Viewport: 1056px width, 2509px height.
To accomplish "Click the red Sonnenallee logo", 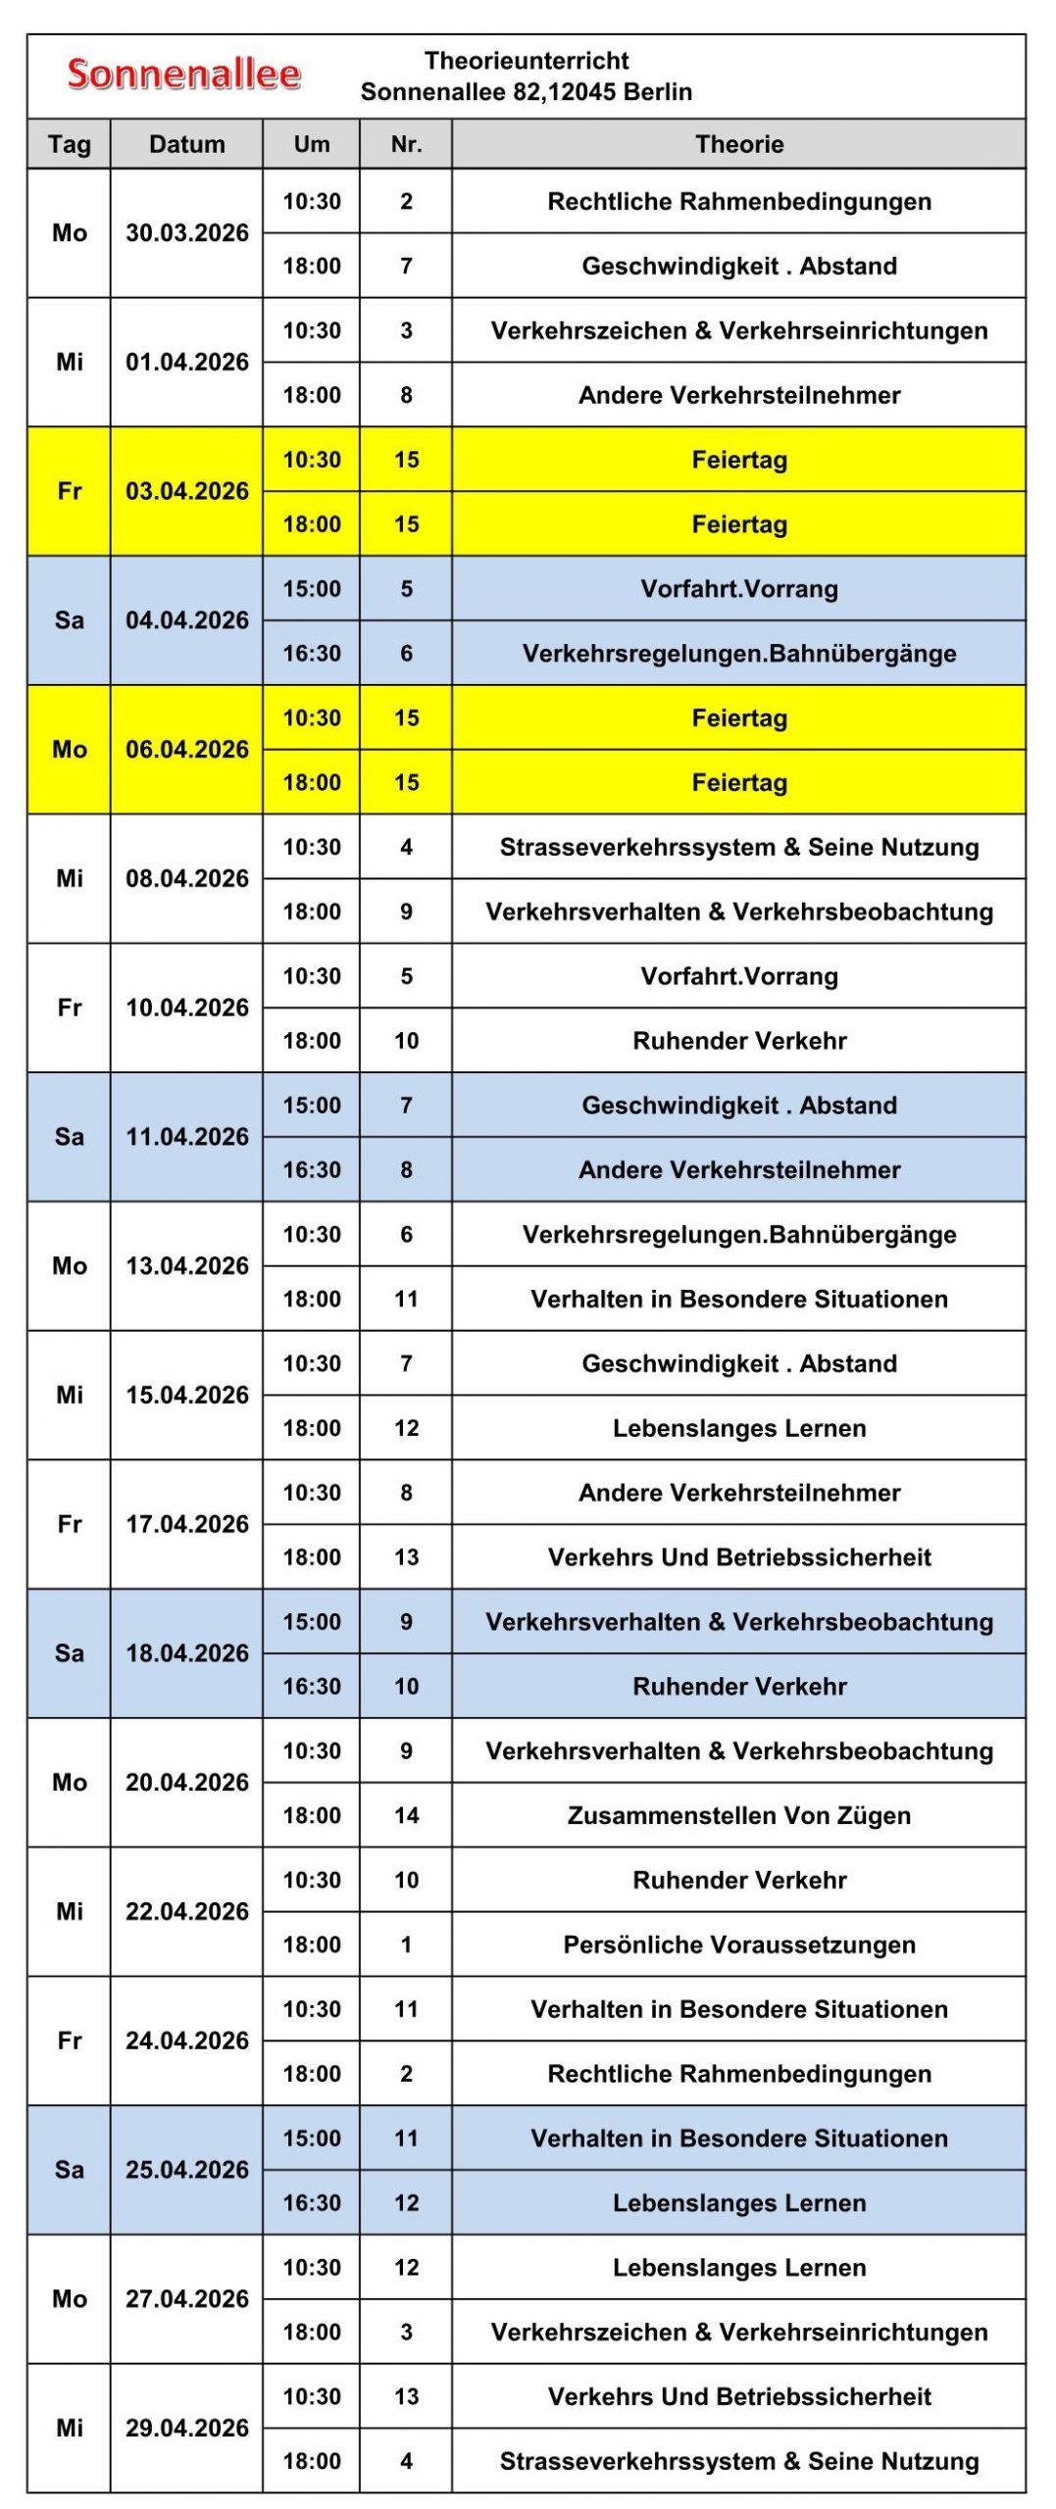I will pyautogui.click(x=183, y=74).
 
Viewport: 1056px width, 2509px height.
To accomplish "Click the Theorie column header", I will pyautogui.click(x=738, y=144).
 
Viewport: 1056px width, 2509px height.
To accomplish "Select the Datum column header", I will pyautogui.click(x=186, y=144).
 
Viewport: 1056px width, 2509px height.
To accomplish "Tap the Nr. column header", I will pyautogui.click(x=406, y=144).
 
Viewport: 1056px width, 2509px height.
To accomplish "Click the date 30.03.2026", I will pyautogui.click(x=186, y=233).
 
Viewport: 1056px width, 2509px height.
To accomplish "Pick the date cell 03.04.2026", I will pyautogui.click(x=186, y=491).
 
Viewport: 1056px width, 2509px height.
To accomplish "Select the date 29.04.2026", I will pyautogui.click(x=186, y=2428).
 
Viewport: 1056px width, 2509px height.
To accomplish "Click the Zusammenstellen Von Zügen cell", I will pyautogui.click(x=738, y=1815).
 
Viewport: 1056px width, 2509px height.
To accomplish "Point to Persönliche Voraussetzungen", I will pyautogui.click(x=738, y=1944).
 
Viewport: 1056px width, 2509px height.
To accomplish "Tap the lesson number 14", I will pyautogui.click(x=406, y=1815).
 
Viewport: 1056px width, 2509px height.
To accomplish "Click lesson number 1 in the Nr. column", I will pyautogui.click(x=406, y=1944).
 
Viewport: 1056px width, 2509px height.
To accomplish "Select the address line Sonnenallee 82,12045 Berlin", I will pyautogui.click(x=527, y=92).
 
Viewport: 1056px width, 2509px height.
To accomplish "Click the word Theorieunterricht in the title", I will pyautogui.click(x=527, y=61).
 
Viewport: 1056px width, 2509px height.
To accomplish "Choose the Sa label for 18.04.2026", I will pyautogui.click(x=69, y=1653).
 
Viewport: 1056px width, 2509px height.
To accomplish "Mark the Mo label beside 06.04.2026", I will pyautogui.click(x=69, y=750).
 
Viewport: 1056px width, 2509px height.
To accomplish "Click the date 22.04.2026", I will pyautogui.click(x=186, y=1911).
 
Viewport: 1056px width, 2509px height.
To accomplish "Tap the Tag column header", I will pyautogui.click(x=69, y=144).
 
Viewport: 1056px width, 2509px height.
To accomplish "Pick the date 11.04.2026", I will pyautogui.click(x=186, y=1137).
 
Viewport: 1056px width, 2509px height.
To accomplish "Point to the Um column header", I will pyautogui.click(x=312, y=144).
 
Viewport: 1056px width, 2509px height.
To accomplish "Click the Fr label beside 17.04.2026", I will pyautogui.click(x=69, y=1524).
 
